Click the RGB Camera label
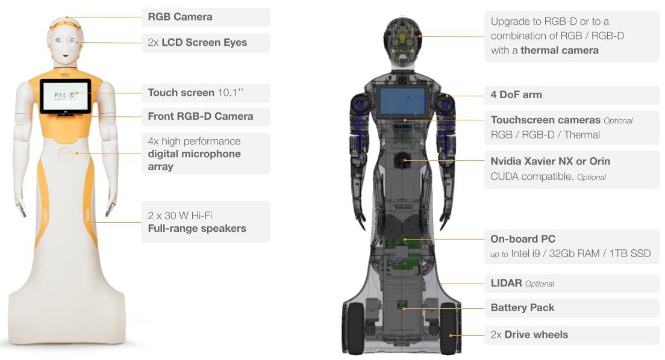coord(180,17)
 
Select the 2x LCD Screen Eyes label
coord(198,43)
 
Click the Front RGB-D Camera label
coord(201,116)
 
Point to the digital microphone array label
coord(194,154)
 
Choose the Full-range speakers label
coord(197,228)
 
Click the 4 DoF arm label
coord(516,95)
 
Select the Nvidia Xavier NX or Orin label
coord(550,161)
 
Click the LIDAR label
coord(507,283)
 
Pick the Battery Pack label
coord(522,308)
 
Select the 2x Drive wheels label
coord(529,335)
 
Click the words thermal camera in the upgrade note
coord(560,51)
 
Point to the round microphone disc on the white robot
coord(66,154)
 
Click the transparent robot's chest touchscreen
coord(401,102)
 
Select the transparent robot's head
coord(403,36)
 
